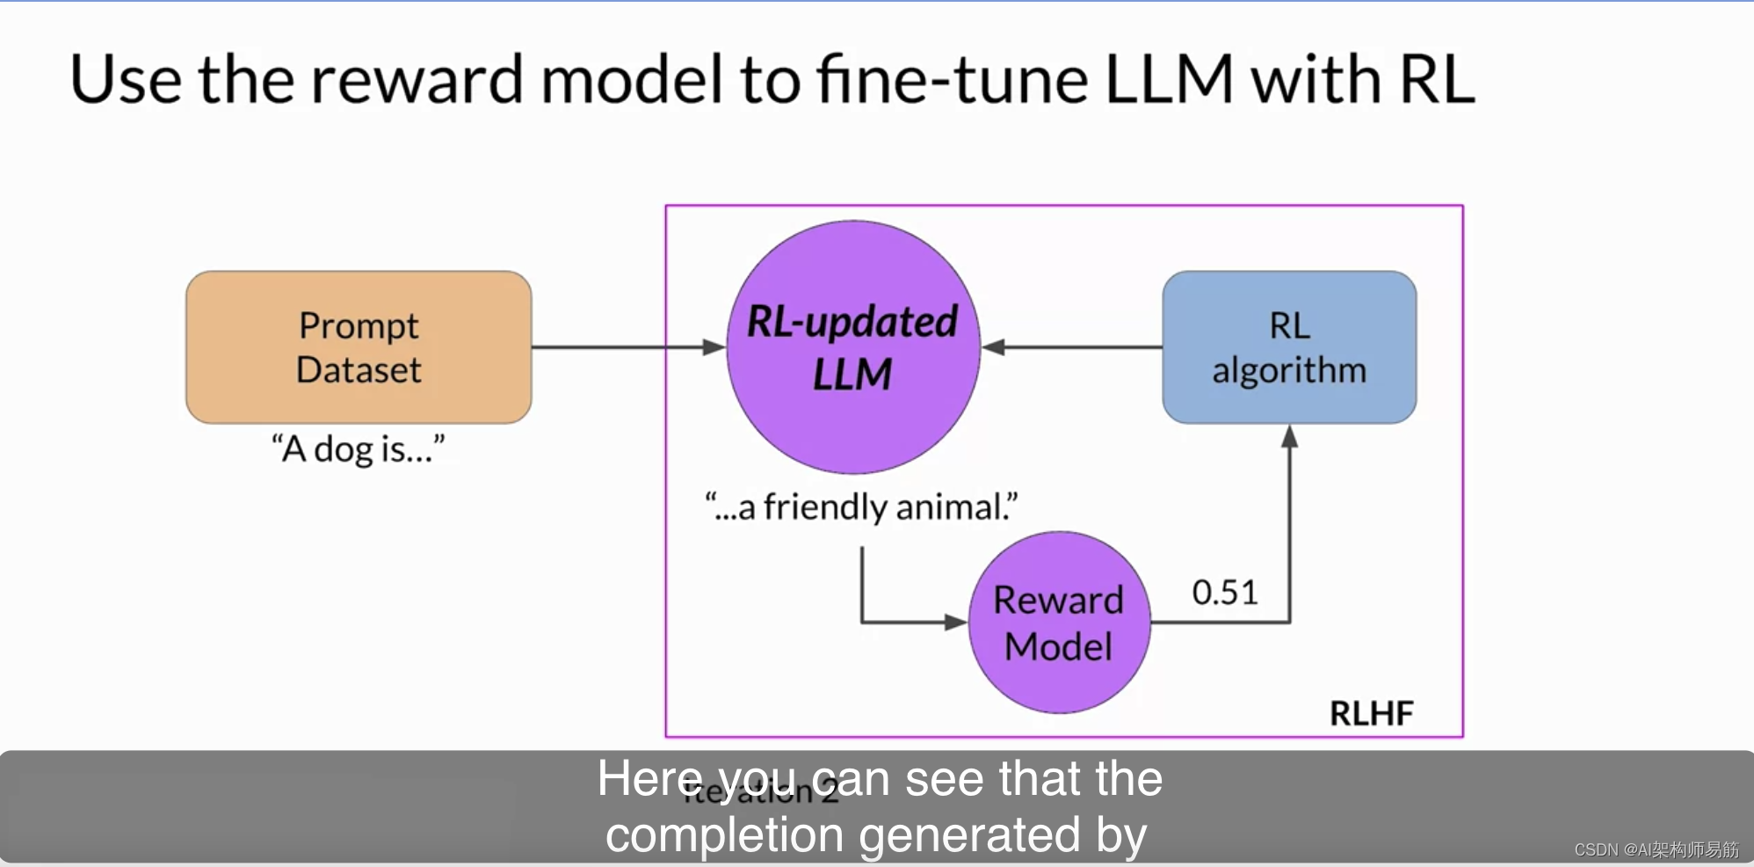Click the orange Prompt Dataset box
tap(359, 347)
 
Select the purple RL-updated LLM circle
tap(852, 347)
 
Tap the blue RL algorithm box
tap(1289, 347)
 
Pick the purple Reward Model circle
tap(1059, 623)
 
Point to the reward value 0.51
tap(1224, 593)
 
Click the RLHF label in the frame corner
tap(1371, 713)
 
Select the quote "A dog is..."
tap(358, 449)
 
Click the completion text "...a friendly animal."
tap(861, 507)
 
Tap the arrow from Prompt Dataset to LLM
tap(628, 347)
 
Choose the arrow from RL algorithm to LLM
tap(1072, 347)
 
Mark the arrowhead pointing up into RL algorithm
tap(1289, 436)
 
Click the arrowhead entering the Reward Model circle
tap(956, 623)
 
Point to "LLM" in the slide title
tap(1169, 80)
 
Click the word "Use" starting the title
tap(125, 80)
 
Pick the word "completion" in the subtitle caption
tap(724, 835)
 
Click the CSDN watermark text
tap(1656, 849)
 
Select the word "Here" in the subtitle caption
tap(650, 779)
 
